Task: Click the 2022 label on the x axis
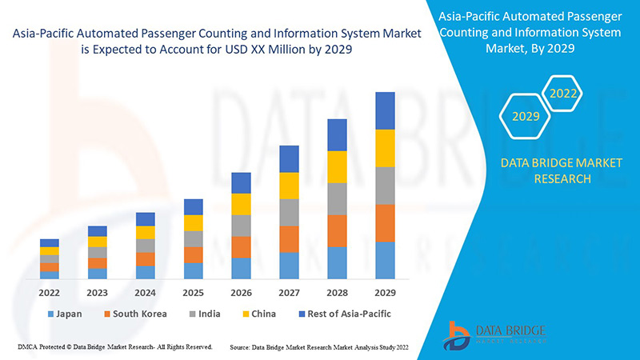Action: pyautogui.click(x=50, y=293)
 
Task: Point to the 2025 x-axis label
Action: pyautogui.click(x=193, y=293)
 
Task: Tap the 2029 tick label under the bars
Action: pyautogui.click(x=385, y=293)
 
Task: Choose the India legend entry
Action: pyautogui.click(x=204, y=314)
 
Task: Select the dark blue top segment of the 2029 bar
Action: pyautogui.click(x=385, y=110)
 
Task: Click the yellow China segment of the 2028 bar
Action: pyautogui.click(x=337, y=166)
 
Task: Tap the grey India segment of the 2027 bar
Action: pyautogui.click(x=289, y=212)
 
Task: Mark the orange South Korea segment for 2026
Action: pyautogui.click(x=241, y=246)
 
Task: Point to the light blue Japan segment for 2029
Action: pyautogui.click(x=385, y=260)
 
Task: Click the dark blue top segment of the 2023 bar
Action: pyautogui.click(x=98, y=231)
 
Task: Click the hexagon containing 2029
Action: pyautogui.click(x=526, y=117)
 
